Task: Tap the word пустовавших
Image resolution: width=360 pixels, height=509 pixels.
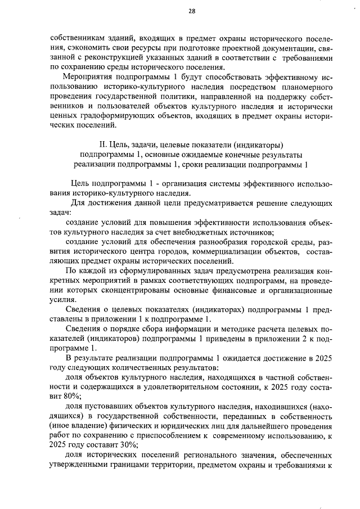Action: (105, 406)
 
